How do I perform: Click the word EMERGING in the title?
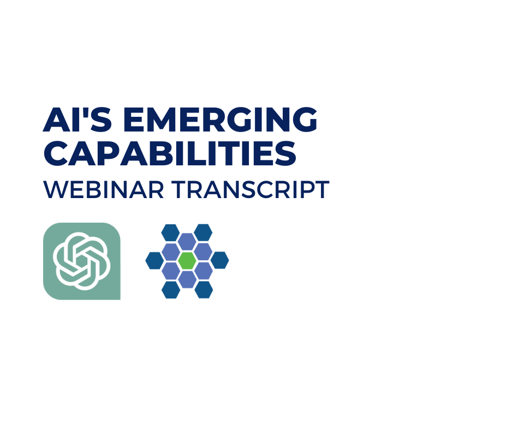(x=220, y=120)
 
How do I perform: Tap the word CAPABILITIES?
(x=170, y=153)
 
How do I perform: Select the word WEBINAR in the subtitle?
(x=103, y=189)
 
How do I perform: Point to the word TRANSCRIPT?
(x=250, y=189)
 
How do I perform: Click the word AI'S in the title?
(x=77, y=120)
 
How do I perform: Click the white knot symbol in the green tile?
(x=82, y=261)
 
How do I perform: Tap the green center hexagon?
(x=187, y=261)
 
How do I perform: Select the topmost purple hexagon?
(x=187, y=242)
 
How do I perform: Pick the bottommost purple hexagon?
(x=187, y=280)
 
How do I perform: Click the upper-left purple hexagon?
(x=171, y=252)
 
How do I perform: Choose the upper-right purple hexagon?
(x=204, y=252)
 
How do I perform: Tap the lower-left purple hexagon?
(x=171, y=270)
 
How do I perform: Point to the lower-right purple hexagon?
(x=204, y=270)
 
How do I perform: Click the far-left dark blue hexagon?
(x=154, y=261)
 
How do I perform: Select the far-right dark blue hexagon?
(x=220, y=261)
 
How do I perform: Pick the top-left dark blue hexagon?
(x=170, y=232)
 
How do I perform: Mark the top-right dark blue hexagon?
(x=203, y=232)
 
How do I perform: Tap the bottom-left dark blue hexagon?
(x=171, y=290)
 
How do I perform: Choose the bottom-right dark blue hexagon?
(x=204, y=290)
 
